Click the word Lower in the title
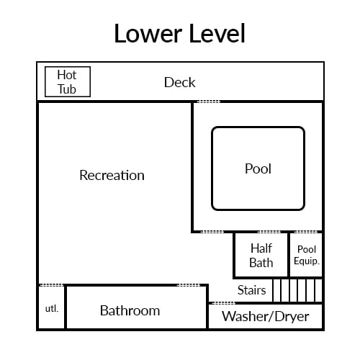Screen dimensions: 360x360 (x=148, y=33)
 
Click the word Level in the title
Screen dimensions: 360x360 (x=217, y=33)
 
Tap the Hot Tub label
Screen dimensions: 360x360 (x=67, y=82)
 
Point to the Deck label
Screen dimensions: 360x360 (x=179, y=82)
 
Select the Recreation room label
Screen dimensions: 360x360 (x=112, y=175)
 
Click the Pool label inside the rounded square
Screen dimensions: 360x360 (x=258, y=168)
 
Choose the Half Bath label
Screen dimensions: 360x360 (x=261, y=256)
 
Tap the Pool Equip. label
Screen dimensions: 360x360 (x=307, y=255)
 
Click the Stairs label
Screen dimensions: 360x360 (x=251, y=290)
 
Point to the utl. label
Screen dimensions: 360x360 (x=52, y=308)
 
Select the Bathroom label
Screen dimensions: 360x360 (x=130, y=310)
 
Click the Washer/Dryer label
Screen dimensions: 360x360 (x=266, y=316)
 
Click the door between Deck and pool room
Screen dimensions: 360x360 (x=208, y=102)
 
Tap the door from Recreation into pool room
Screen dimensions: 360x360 (x=212, y=232)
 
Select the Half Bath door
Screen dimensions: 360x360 (x=269, y=232)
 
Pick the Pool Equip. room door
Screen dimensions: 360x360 (x=306, y=232)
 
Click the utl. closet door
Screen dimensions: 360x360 (x=51, y=285)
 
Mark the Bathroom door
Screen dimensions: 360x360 (x=189, y=285)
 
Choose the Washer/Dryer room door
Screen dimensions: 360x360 (x=223, y=303)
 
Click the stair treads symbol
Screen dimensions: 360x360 (x=297, y=290)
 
